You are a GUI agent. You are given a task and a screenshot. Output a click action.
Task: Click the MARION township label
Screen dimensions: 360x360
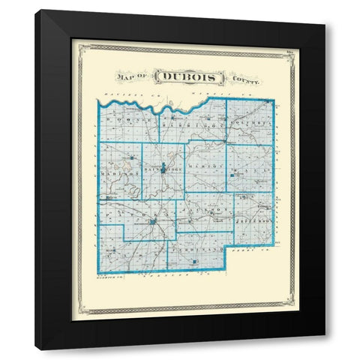coord(205,164)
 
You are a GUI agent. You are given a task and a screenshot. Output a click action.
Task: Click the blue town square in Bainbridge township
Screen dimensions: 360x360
coord(164,170)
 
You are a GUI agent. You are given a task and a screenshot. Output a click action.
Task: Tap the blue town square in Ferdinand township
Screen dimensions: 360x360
coord(195,262)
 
